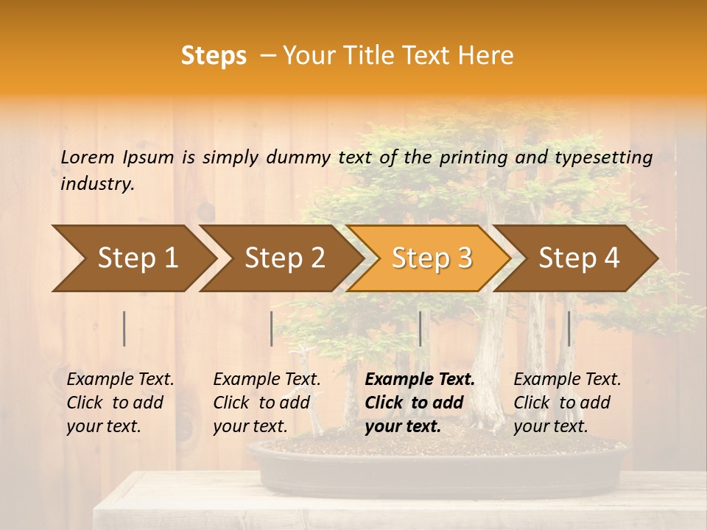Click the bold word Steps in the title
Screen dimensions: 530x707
[x=214, y=55]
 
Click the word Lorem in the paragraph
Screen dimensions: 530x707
[x=88, y=157]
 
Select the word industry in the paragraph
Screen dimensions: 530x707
[x=97, y=184]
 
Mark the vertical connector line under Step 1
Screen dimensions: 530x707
[x=124, y=328]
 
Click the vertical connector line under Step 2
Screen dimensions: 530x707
[x=272, y=328]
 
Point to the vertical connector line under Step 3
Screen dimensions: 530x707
[x=420, y=328]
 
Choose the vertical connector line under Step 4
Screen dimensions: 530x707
[x=569, y=328]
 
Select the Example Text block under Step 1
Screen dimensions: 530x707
[x=120, y=403]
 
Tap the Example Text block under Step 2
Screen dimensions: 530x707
[x=267, y=403]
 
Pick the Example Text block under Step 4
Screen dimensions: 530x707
[x=567, y=403]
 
